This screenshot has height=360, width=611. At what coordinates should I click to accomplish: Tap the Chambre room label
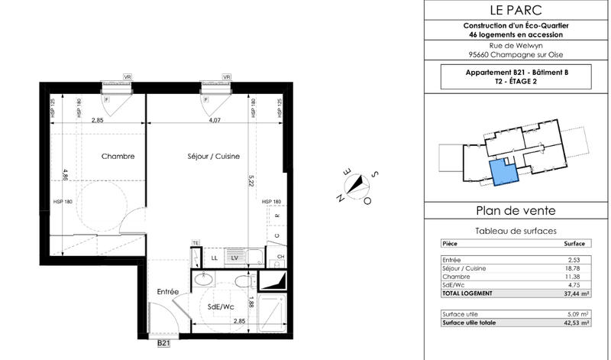(118, 156)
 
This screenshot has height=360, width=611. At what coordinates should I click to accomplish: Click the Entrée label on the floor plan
(168, 292)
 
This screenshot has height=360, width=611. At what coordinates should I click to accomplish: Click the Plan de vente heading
(516, 211)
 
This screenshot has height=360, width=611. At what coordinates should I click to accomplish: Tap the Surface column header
(574, 243)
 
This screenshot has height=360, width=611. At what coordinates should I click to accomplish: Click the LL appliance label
(214, 259)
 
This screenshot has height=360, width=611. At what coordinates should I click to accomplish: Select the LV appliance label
(235, 259)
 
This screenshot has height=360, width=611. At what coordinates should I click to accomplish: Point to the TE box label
(196, 243)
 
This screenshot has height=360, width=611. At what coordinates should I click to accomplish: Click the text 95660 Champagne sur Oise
(516, 54)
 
